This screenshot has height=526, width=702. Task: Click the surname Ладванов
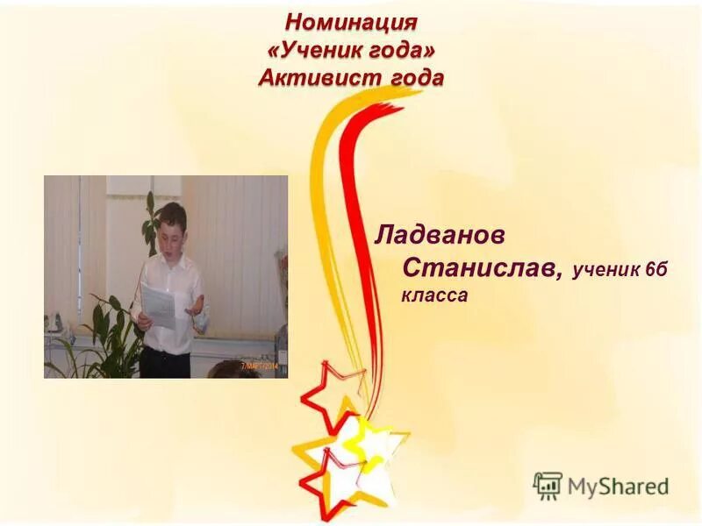point(440,235)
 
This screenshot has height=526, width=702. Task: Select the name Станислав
point(482,266)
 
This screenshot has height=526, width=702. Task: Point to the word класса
point(434,296)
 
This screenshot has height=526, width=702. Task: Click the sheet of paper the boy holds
point(158,303)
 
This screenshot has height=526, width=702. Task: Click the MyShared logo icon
point(548,485)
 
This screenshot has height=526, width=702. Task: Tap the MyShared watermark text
point(619,487)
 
